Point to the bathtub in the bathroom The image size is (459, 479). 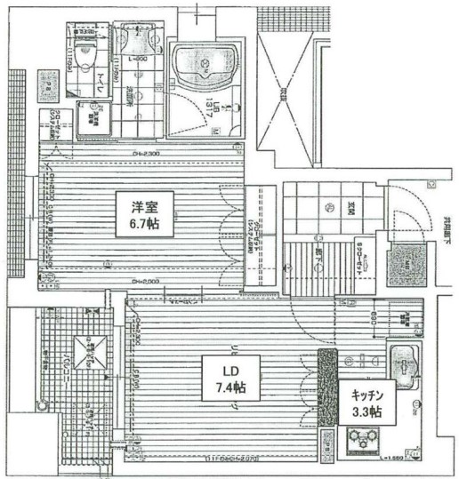point(204,66)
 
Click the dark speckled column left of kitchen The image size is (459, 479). point(326,372)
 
